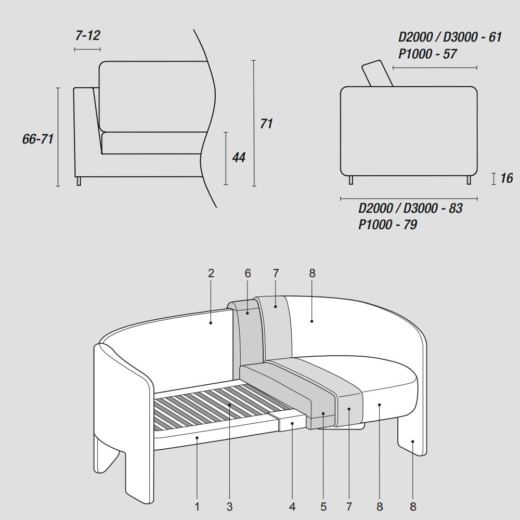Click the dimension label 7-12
pyautogui.click(x=87, y=35)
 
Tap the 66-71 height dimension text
pyautogui.click(x=38, y=139)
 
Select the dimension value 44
pyautogui.click(x=239, y=157)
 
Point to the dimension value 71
pyautogui.click(x=266, y=123)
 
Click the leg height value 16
pyautogui.click(x=506, y=178)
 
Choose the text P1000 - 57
pyautogui.click(x=427, y=54)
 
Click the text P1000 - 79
pyautogui.click(x=388, y=225)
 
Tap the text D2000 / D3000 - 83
pyautogui.click(x=411, y=209)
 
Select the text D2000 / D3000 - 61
pyautogui.click(x=450, y=37)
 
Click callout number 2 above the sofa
pyautogui.click(x=211, y=274)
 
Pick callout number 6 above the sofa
pyautogui.click(x=248, y=274)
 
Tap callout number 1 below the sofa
pyautogui.click(x=197, y=506)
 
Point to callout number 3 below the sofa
pyautogui.click(x=229, y=506)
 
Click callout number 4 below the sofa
pyautogui.click(x=292, y=506)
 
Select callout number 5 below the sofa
pyautogui.click(x=323, y=506)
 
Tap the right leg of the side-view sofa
pyautogui.click(x=469, y=180)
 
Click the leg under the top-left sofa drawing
pyautogui.click(x=79, y=181)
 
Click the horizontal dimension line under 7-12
pyautogui.click(x=87, y=49)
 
